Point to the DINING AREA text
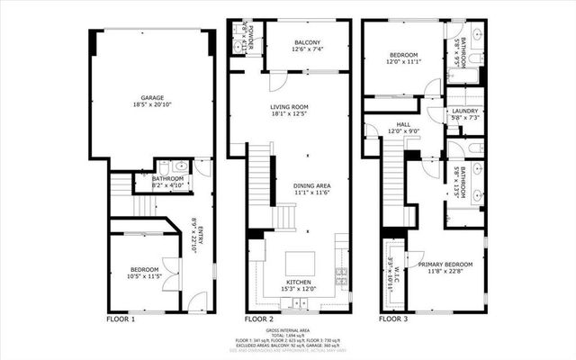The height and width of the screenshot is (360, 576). coord(311,185)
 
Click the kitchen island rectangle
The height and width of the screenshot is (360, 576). coord(301,263)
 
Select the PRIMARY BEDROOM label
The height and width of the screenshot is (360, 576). coord(438,264)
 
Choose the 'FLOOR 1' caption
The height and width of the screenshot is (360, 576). coord(121,319)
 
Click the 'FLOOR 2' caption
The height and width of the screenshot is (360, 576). coord(259,319)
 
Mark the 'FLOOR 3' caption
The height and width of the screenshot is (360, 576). coord(392,319)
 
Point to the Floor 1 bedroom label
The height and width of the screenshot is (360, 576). coord(144,270)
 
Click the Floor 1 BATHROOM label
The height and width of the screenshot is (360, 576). coord(167,179)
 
